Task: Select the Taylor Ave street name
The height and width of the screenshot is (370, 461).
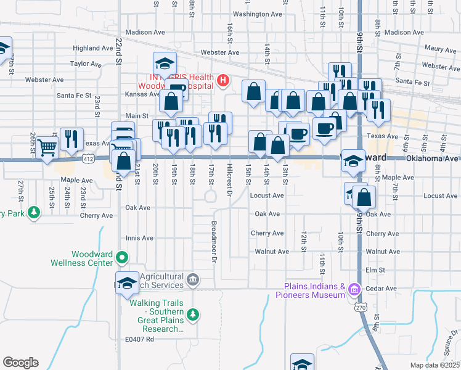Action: tap(86, 64)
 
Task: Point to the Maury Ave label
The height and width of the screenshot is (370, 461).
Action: tap(440, 49)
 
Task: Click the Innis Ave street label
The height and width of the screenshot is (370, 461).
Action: tap(139, 238)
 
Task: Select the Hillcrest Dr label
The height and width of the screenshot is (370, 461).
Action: tap(229, 181)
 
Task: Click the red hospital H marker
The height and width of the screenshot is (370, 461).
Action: tap(222, 80)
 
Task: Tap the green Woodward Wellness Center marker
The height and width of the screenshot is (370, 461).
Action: tap(123, 257)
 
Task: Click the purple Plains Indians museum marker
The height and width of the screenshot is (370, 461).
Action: tap(354, 289)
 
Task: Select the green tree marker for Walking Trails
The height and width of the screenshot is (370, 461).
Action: tap(194, 314)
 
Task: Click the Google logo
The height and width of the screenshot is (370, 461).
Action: tap(20, 363)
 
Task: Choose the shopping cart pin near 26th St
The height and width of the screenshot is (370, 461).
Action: tap(47, 147)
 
